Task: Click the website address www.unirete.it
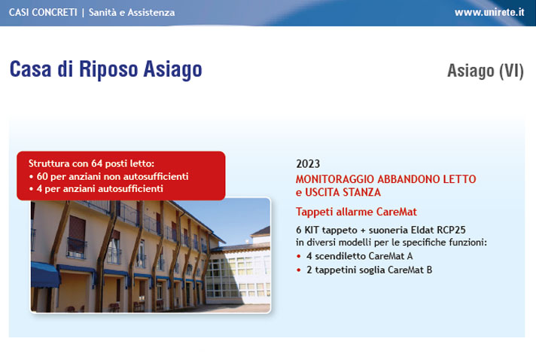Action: tap(489, 12)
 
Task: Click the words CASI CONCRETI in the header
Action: tap(43, 12)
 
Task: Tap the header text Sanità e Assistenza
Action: tap(132, 12)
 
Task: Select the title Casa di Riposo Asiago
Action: tap(106, 69)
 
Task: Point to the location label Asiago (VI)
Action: tap(486, 71)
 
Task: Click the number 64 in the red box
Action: tap(97, 163)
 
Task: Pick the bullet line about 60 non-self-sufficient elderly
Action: tap(108, 176)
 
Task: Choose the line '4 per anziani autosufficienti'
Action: tap(96, 189)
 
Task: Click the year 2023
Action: tap(308, 163)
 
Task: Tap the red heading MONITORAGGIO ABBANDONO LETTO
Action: tap(386, 179)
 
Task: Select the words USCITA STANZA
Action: tap(343, 192)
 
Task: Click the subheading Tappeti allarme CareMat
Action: tap(356, 212)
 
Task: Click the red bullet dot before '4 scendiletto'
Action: tap(299, 256)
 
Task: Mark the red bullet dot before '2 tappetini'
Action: tap(299, 270)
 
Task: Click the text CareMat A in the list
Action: tap(391, 256)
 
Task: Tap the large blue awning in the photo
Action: tap(45, 275)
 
